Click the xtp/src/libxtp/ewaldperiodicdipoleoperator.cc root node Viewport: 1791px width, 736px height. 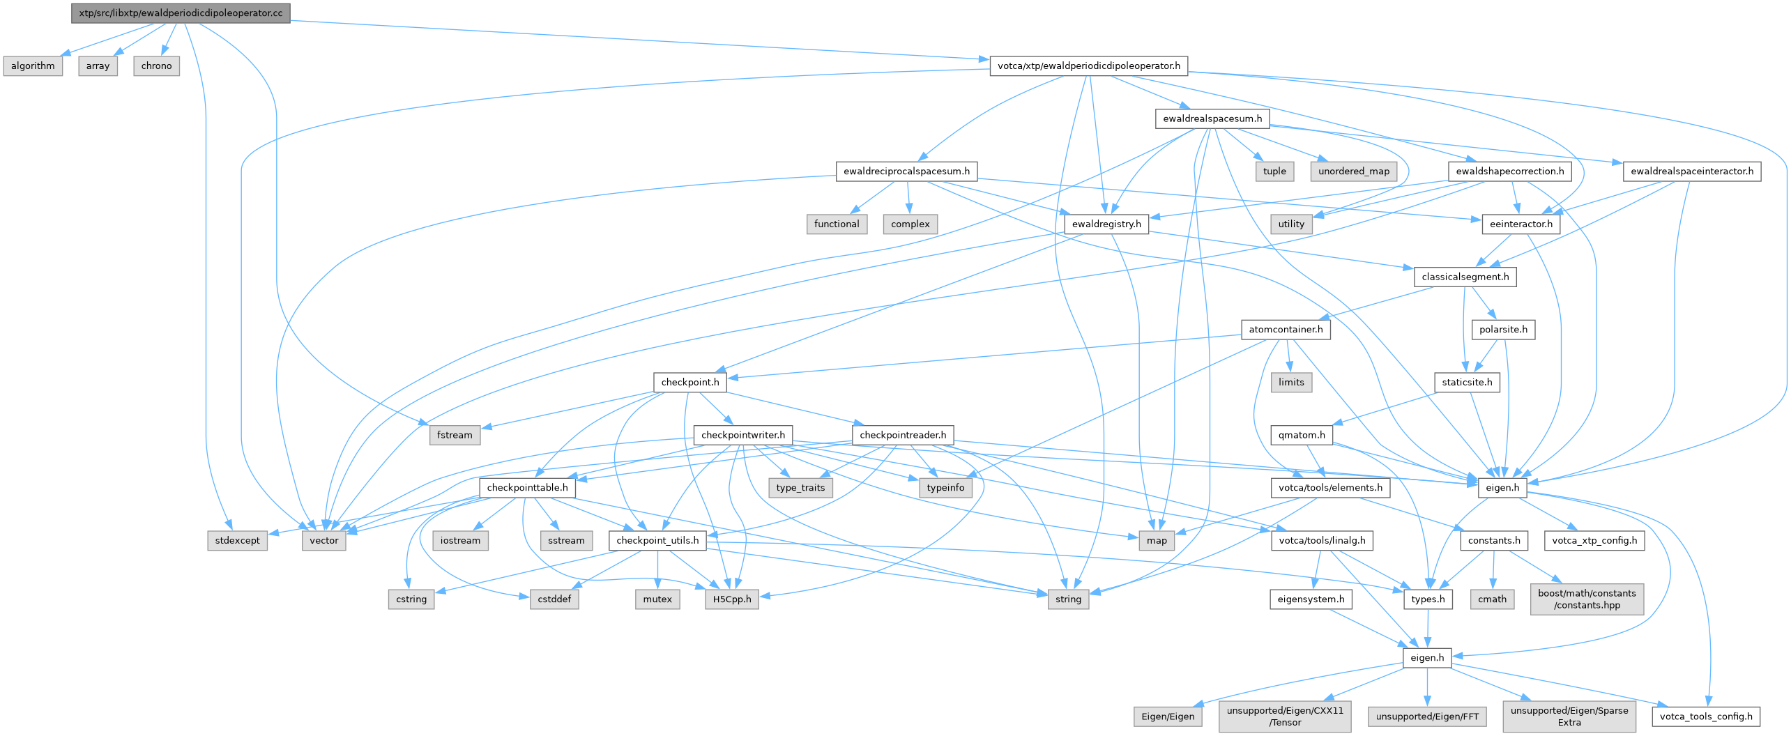tap(181, 13)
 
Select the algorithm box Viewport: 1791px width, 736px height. tap(33, 66)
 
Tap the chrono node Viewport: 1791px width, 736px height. tap(156, 66)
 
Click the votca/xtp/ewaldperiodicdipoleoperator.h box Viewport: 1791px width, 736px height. tap(1089, 66)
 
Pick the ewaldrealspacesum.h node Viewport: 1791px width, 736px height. tap(1212, 118)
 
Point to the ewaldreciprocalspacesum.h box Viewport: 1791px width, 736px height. tap(906, 171)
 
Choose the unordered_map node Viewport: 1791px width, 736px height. tap(1354, 171)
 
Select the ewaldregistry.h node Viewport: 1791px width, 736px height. tap(1106, 224)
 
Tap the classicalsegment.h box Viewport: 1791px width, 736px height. tap(1465, 277)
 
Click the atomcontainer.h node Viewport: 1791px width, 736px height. tap(1286, 330)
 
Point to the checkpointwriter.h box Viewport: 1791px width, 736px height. tap(743, 435)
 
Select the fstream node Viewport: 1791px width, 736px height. tap(455, 435)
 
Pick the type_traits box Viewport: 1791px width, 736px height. tap(800, 488)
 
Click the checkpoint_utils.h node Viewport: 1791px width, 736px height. tap(657, 540)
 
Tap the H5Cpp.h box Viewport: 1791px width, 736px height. tap(732, 599)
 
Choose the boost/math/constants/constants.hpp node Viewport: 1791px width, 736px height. tap(1587, 599)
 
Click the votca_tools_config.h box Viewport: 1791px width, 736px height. tap(1706, 716)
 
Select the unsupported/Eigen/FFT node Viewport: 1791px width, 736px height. tap(1427, 716)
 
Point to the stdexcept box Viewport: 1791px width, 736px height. tap(237, 540)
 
